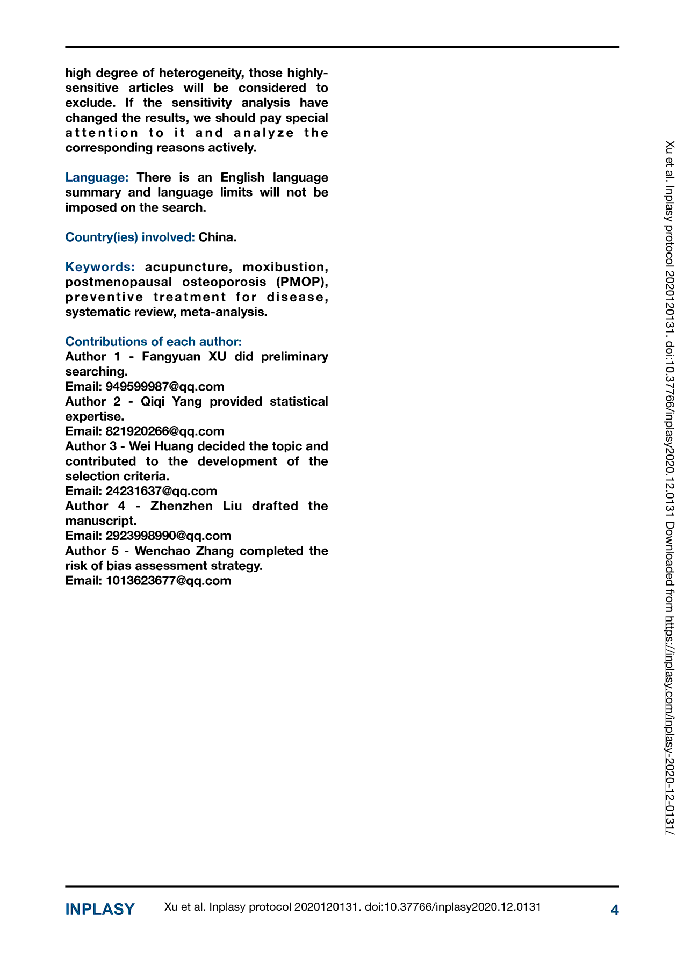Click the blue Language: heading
[x=97, y=178]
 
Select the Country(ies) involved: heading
[x=130, y=237]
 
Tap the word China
[x=217, y=237]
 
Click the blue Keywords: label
[x=100, y=267]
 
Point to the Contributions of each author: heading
[x=154, y=342]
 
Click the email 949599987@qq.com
[x=165, y=387]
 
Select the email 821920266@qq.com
[x=165, y=431]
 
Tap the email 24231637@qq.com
[x=161, y=491]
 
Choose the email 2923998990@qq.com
[x=168, y=536]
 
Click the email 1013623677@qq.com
[x=168, y=581]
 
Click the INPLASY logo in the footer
[x=100, y=910]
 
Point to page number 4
[x=615, y=910]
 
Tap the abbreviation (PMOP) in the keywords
[x=301, y=282]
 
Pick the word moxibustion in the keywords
[x=285, y=267]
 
